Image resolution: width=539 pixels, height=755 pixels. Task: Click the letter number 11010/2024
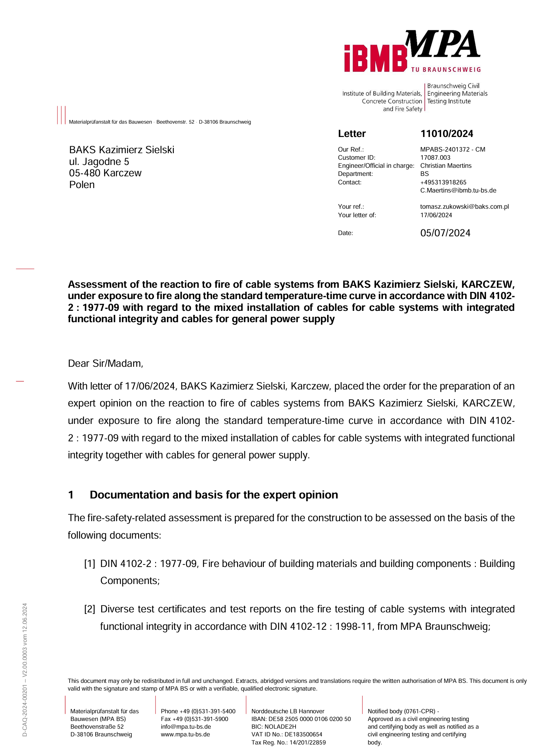(447, 134)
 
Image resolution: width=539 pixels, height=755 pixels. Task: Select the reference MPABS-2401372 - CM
(452, 150)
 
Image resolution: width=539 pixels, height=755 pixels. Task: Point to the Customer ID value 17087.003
(435, 158)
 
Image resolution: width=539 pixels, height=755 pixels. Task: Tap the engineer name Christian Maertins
(446, 166)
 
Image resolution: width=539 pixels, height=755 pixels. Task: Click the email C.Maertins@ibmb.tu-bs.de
(458, 190)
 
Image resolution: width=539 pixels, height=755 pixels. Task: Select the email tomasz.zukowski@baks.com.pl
(464, 207)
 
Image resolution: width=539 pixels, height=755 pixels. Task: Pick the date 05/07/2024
(445, 233)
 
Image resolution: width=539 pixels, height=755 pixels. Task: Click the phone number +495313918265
(443, 182)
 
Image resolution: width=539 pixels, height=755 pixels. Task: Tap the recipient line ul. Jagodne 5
(99, 162)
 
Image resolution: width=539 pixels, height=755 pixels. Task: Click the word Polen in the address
(82, 185)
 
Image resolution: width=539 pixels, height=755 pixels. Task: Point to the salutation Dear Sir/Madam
(105, 364)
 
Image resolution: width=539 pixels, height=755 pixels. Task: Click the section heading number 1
(71, 495)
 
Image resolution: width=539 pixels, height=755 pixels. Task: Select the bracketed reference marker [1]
(90, 564)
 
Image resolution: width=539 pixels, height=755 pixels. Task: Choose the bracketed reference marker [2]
(90, 609)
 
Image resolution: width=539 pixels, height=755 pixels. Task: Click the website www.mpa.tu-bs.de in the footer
(185, 734)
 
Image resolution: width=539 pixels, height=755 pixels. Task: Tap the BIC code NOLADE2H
(280, 727)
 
